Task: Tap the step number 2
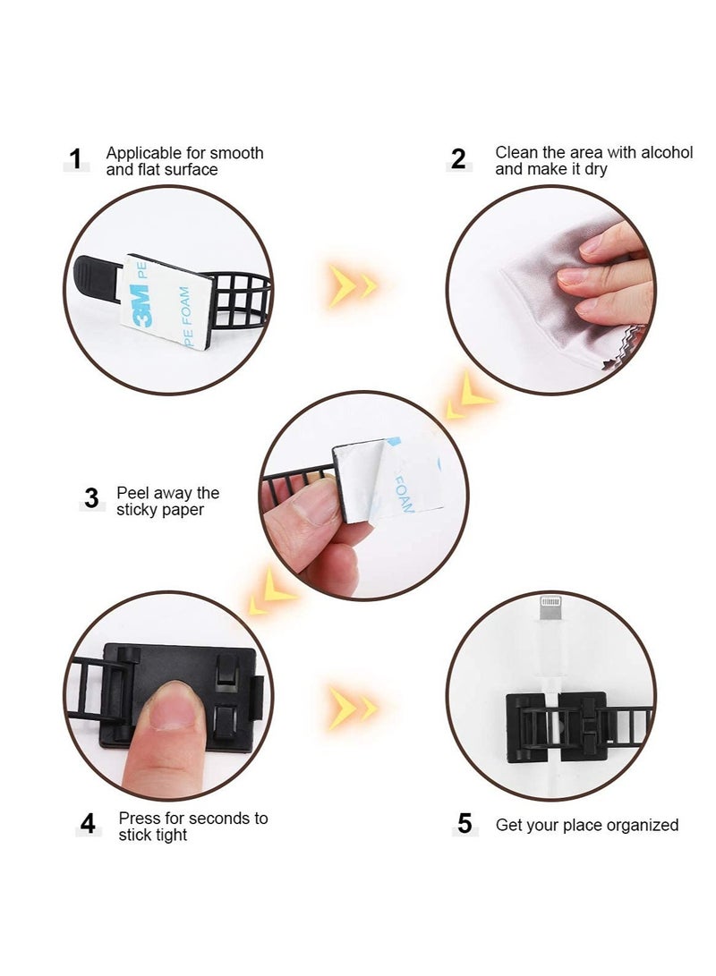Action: click(x=458, y=160)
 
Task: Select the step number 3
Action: click(x=90, y=498)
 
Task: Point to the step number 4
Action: click(x=88, y=824)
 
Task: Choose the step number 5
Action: click(x=464, y=824)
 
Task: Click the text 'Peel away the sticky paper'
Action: click(x=167, y=502)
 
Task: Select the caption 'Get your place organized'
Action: click(x=587, y=825)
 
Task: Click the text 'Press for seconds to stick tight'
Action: click(x=192, y=827)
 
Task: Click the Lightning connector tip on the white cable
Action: click(x=548, y=616)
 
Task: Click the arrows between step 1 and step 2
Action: click(x=353, y=285)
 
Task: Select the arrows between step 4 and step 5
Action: click(x=353, y=707)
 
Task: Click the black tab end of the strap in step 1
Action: click(x=97, y=267)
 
